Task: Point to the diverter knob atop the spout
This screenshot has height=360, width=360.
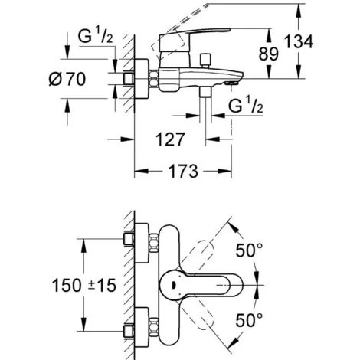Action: [x=206, y=59]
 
